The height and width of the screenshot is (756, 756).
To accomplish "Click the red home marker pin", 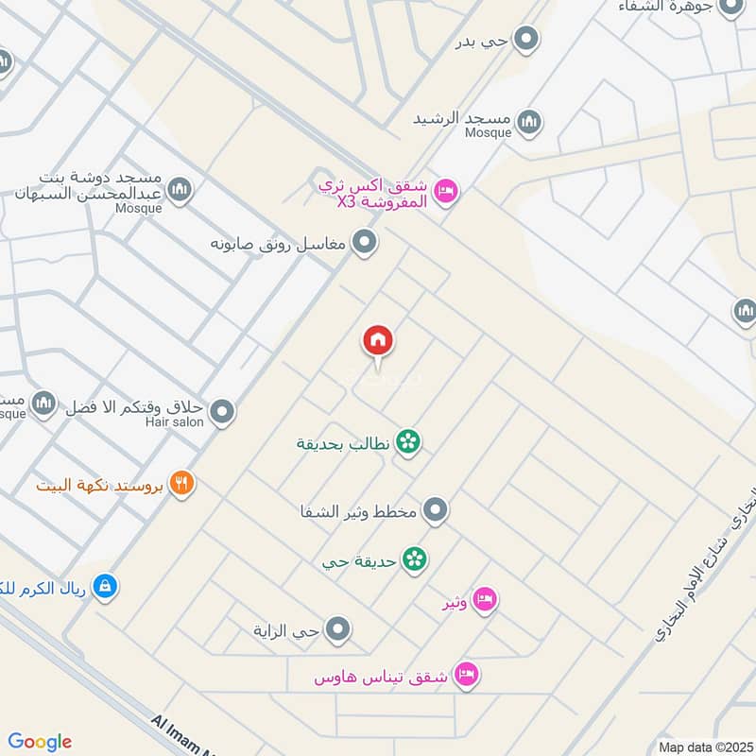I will click(x=378, y=341).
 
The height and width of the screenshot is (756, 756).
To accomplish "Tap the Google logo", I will click(x=40, y=742).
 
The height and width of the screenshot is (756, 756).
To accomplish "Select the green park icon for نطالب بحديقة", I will click(x=408, y=441).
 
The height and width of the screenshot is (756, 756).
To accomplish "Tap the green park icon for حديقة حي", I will click(x=414, y=559).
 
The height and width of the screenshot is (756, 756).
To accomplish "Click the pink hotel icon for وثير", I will click(x=485, y=600).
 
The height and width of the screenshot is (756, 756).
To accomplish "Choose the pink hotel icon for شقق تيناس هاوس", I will click(x=467, y=675).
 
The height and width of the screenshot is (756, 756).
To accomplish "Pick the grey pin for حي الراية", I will click(x=337, y=628).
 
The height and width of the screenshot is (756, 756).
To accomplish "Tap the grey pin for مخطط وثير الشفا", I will click(x=435, y=511).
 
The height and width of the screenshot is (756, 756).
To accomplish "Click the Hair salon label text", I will click(x=175, y=422).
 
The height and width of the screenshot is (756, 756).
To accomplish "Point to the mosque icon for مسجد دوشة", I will click(x=181, y=191).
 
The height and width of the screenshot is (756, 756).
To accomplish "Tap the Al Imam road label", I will click(x=189, y=733).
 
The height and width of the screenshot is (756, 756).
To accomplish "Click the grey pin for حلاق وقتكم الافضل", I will click(x=222, y=411).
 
